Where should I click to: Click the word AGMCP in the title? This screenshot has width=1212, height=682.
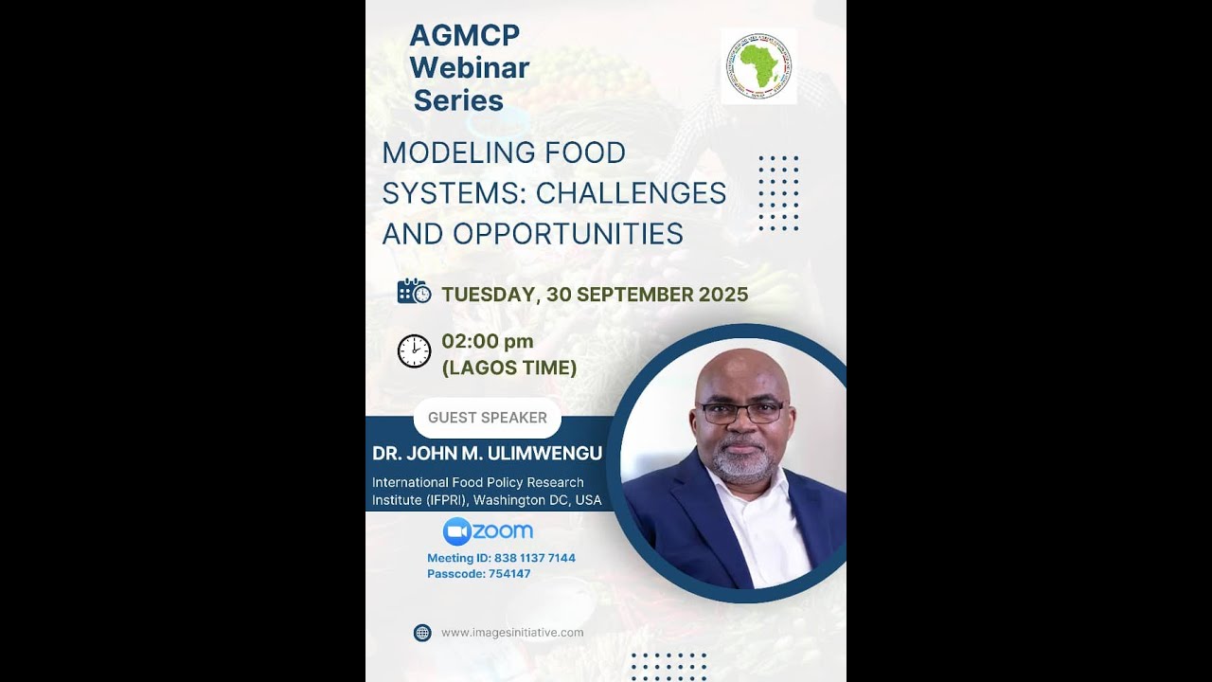tap(464, 36)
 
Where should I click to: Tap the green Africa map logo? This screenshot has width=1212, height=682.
tap(758, 65)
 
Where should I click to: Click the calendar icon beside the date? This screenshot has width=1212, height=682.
tap(414, 292)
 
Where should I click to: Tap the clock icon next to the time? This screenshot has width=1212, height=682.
tap(414, 350)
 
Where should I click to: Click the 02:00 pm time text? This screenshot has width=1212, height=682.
tap(487, 341)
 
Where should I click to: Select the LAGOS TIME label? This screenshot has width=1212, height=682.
tap(509, 368)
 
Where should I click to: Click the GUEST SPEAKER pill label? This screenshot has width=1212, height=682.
tap(487, 418)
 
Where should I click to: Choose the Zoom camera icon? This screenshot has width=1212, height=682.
tap(456, 531)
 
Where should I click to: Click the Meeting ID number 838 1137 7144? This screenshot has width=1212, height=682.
tap(534, 558)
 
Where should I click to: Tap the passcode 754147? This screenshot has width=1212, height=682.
tap(509, 574)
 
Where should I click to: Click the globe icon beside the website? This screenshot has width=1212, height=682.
tap(422, 633)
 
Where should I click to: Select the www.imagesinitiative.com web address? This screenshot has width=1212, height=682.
tap(512, 633)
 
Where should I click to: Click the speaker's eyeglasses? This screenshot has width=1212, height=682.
tap(741, 412)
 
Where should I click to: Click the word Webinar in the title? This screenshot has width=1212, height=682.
tap(469, 68)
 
